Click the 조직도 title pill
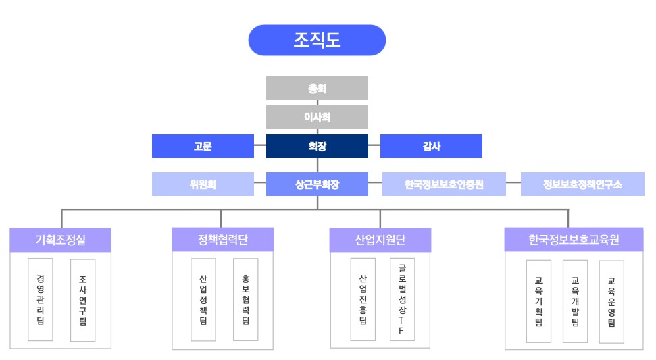317,40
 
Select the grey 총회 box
317,88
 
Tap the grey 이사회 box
317,117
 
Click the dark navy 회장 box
317,146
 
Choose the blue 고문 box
203,146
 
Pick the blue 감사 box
431,146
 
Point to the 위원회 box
203,184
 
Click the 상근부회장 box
317,184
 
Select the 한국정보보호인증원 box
444,184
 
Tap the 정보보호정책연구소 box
582,184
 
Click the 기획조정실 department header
61,239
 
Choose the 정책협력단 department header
222,239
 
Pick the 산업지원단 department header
380,239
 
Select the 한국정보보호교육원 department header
574,239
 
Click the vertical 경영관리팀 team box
41,299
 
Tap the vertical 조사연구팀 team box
82,299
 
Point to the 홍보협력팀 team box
245,299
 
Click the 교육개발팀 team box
575,301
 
